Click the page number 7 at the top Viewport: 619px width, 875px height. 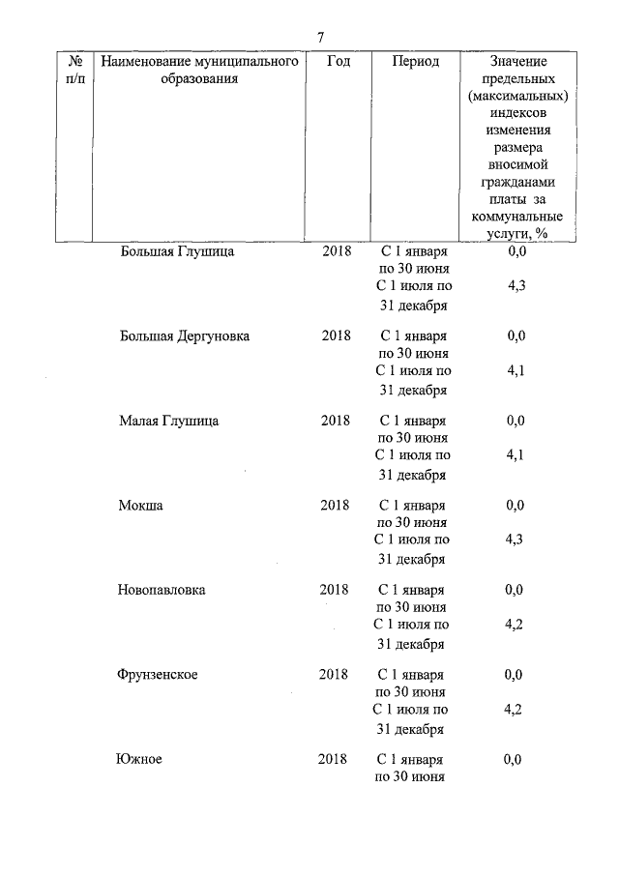(320, 37)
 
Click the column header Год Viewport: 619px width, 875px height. (338, 61)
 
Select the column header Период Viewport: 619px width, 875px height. (416, 61)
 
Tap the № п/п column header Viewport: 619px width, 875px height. (74, 70)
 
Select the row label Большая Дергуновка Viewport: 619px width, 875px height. (184, 335)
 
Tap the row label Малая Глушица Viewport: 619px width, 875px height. (168, 421)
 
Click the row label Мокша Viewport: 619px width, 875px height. (140, 505)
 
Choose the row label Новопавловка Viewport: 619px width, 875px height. (161, 590)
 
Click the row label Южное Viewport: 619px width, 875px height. (138, 759)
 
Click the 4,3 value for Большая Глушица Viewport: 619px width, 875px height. (516, 286)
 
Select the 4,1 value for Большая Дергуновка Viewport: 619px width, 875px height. (516, 370)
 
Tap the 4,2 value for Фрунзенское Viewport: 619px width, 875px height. (515, 709)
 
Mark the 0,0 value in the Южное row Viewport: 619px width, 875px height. (514, 759)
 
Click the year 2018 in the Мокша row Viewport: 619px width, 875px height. (335, 505)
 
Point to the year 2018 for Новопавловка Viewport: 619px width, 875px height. (335, 590)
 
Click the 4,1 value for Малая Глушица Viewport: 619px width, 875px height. (516, 455)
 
